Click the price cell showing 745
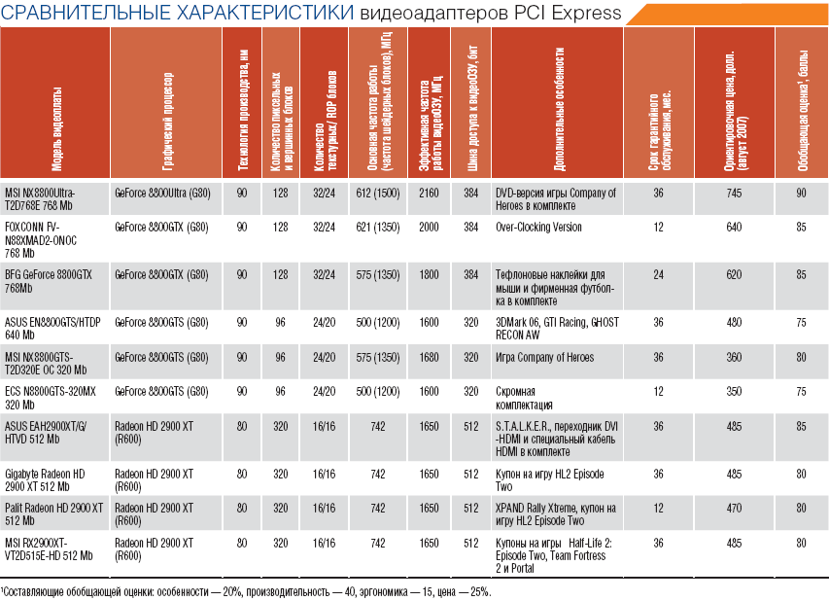tap(733, 194)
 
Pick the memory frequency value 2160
tap(429, 194)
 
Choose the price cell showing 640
tap(733, 228)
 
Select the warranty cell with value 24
tap(658, 275)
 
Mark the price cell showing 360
tap(733, 357)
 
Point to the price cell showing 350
tap(733, 391)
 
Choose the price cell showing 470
tap(733, 507)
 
